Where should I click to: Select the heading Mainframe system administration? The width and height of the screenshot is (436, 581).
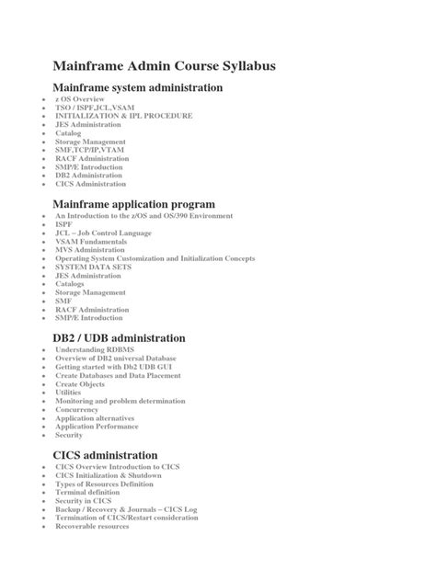coord(138,88)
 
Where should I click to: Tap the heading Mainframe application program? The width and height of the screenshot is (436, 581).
coord(134,203)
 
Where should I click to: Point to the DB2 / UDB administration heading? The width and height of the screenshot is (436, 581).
coord(120,338)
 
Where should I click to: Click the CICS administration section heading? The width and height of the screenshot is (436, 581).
coord(106,455)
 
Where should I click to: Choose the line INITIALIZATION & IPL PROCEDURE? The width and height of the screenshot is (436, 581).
coord(124,116)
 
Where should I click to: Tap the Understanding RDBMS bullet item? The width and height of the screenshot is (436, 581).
coord(95,350)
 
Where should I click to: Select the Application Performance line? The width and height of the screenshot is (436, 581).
coord(98,426)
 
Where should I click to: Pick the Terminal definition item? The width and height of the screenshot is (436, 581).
coord(89,492)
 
